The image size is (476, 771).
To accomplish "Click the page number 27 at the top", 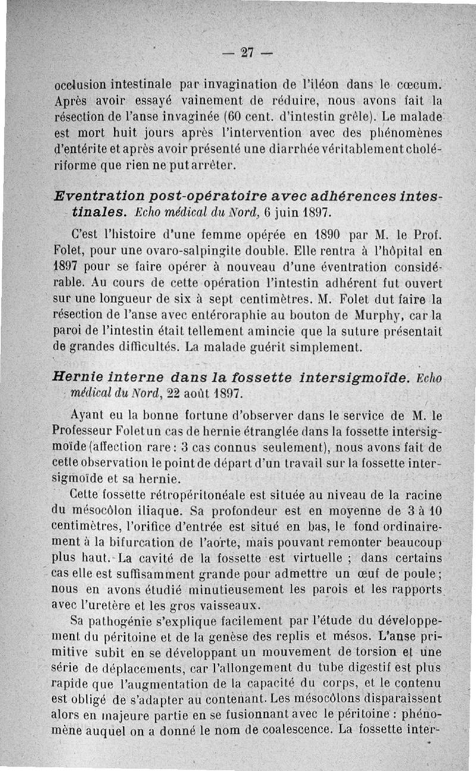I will [x=247, y=52].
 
